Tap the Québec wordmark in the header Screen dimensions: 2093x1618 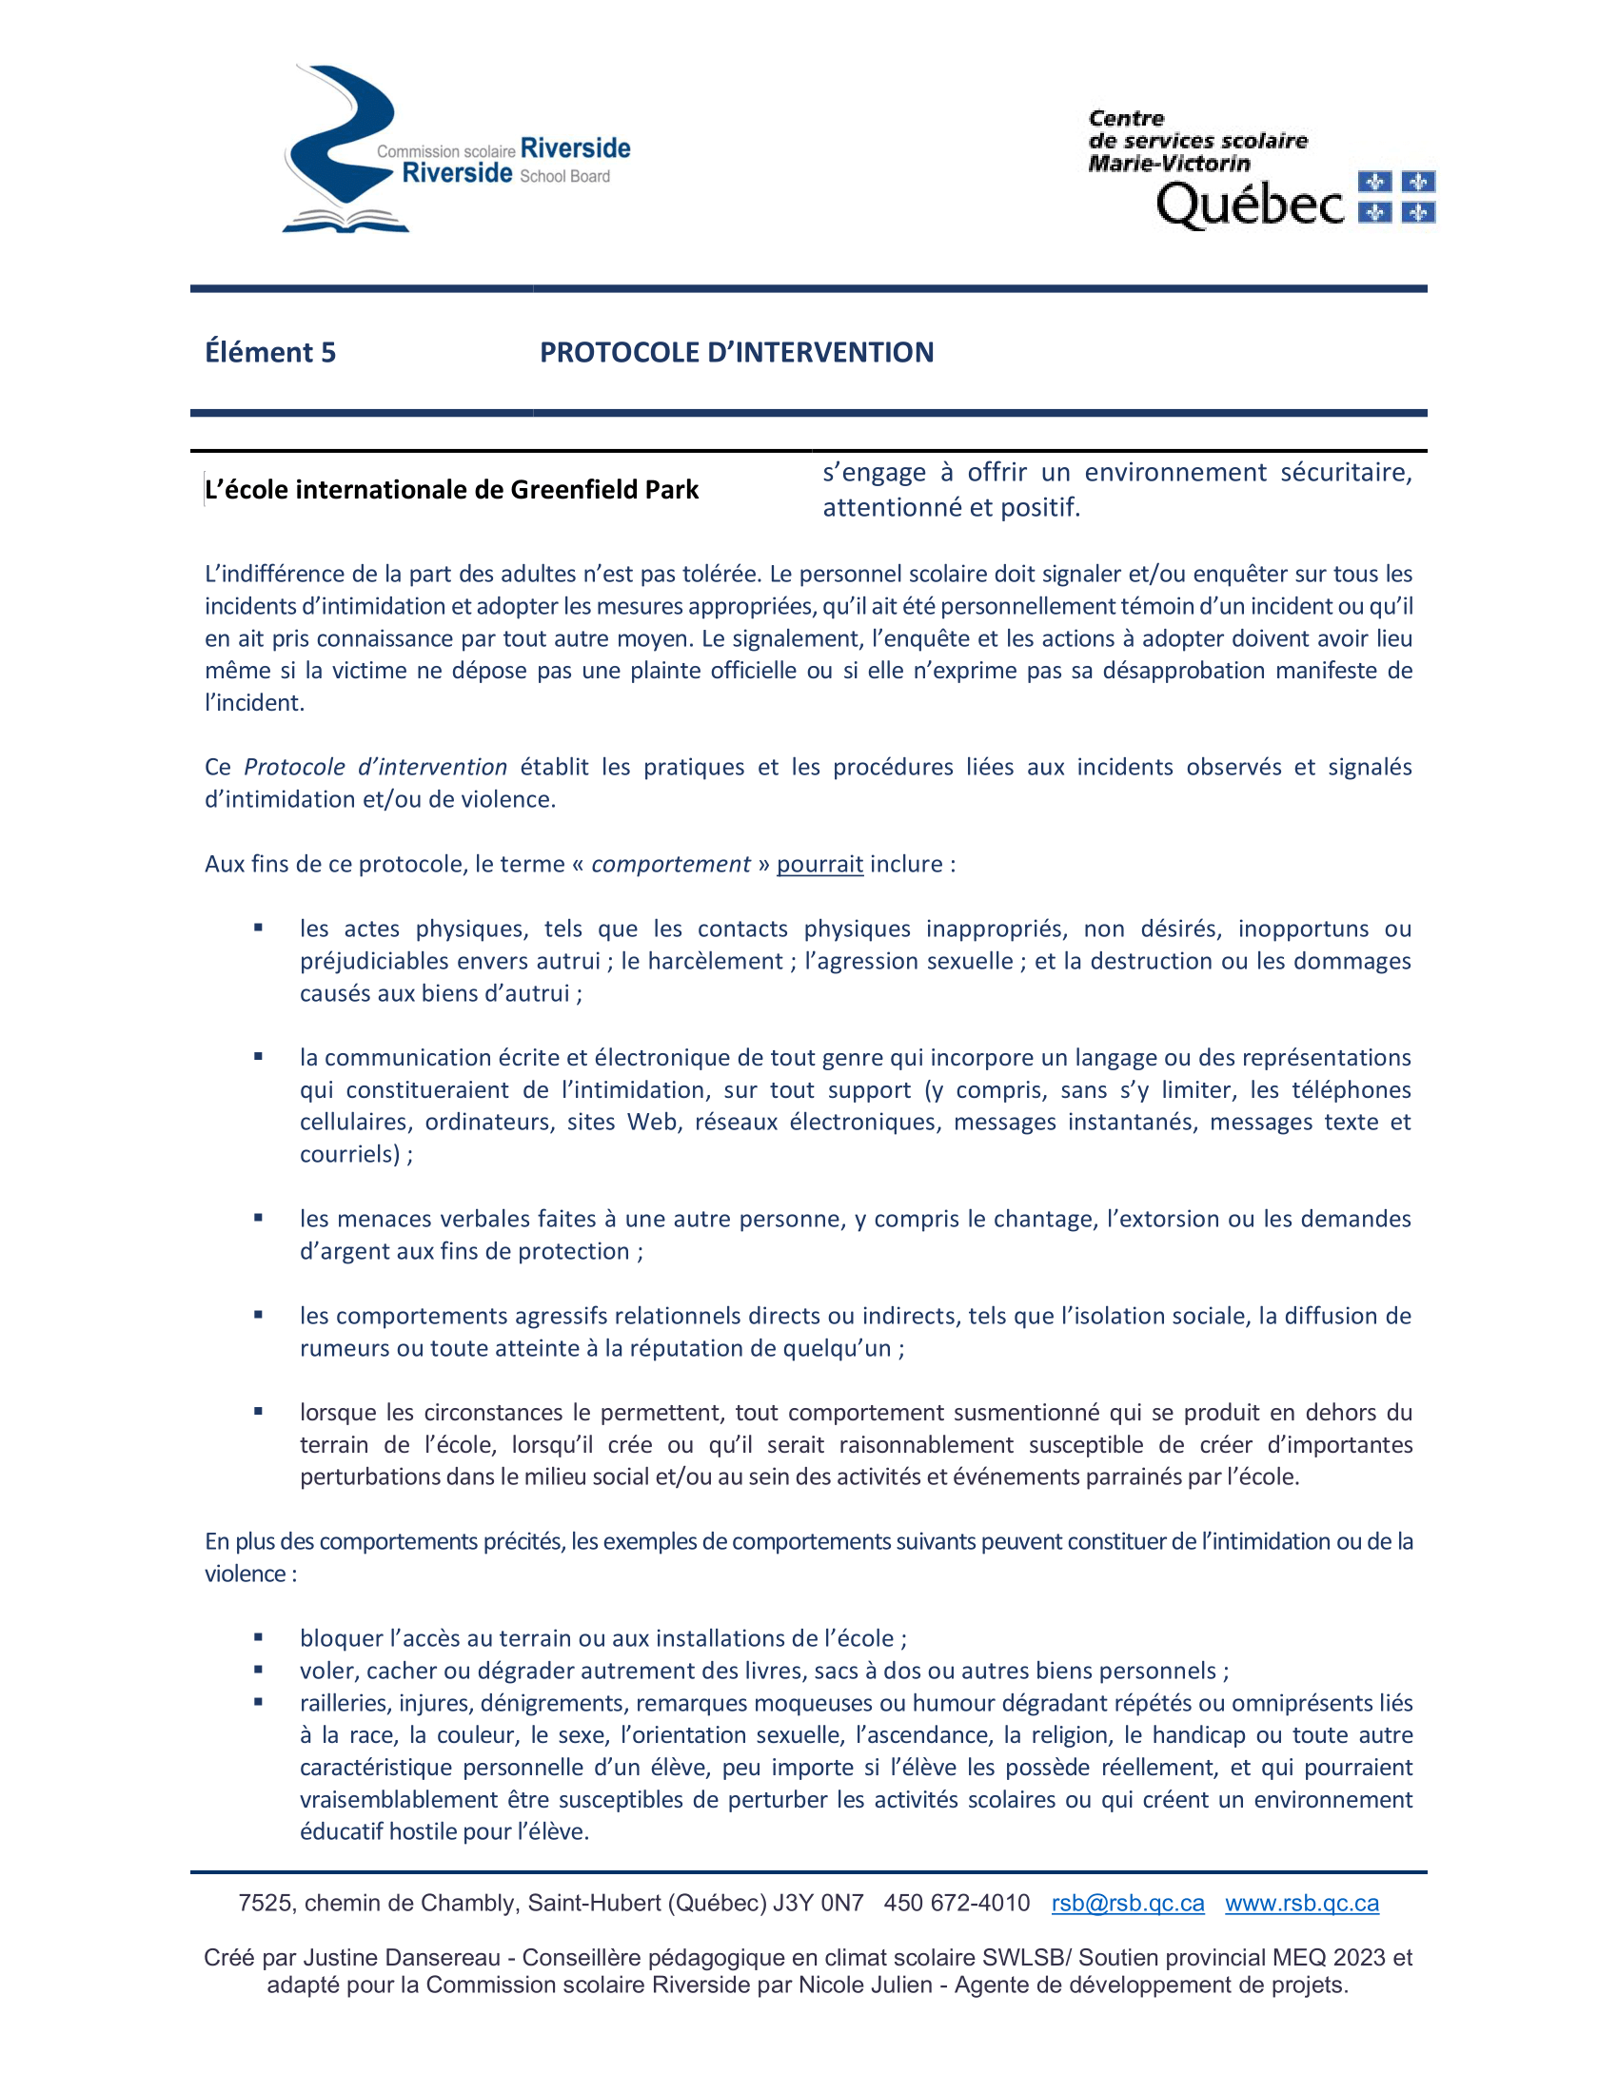point(1250,205)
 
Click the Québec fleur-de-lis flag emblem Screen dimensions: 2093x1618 point(1396,197)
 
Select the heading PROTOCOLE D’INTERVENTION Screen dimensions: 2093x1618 point(736,353)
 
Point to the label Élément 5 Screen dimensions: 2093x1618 point(270,353)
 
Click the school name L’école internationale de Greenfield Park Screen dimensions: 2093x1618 point(451,490)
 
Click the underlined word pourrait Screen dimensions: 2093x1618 point(819,865)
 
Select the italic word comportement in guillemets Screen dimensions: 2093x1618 point(670,865)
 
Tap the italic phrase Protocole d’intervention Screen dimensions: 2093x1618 point(375,768)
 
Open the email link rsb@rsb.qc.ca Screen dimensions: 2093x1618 point(1127,1904)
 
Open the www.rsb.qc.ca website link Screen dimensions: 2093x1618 point(1302,1904)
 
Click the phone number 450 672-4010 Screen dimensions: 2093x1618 point(957,1904)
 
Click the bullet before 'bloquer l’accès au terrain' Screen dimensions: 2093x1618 point(258,1639)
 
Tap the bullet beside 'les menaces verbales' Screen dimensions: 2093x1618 point(258,1218)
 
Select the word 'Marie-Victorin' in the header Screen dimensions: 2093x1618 point(1169,164)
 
